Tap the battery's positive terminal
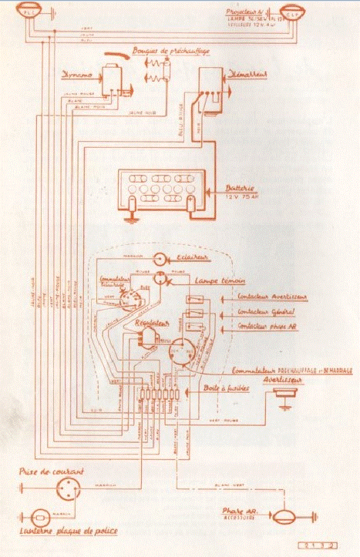pyautogui.click(x=190, y=202)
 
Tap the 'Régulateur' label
pyautogui.click(x=151, y=324)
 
